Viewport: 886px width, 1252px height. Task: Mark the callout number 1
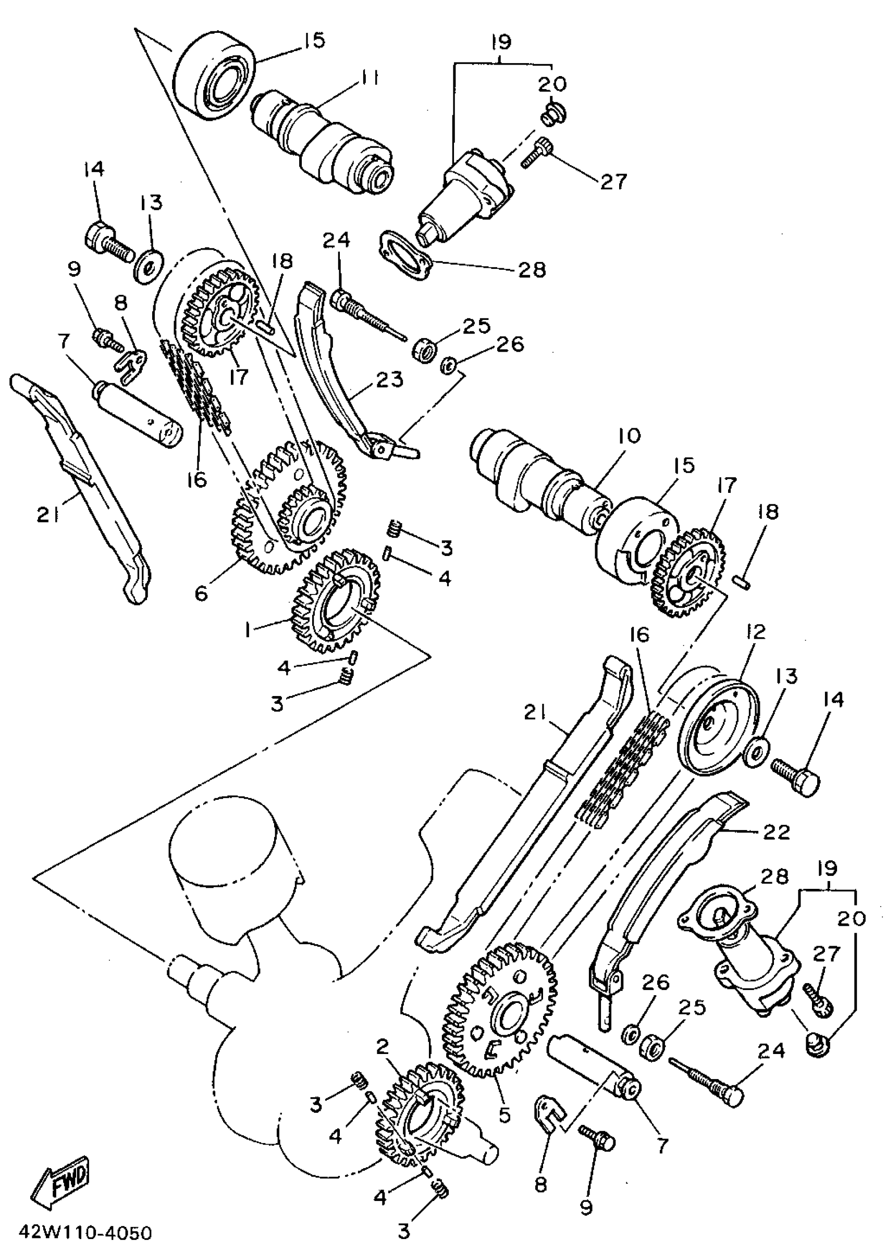pos(249,631)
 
